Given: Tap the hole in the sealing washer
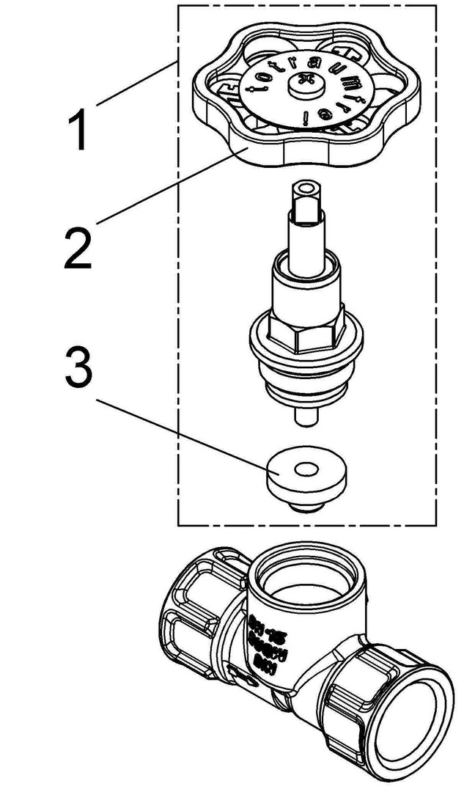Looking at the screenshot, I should coord(303,469).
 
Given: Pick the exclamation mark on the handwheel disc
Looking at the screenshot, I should coord(322,114).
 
